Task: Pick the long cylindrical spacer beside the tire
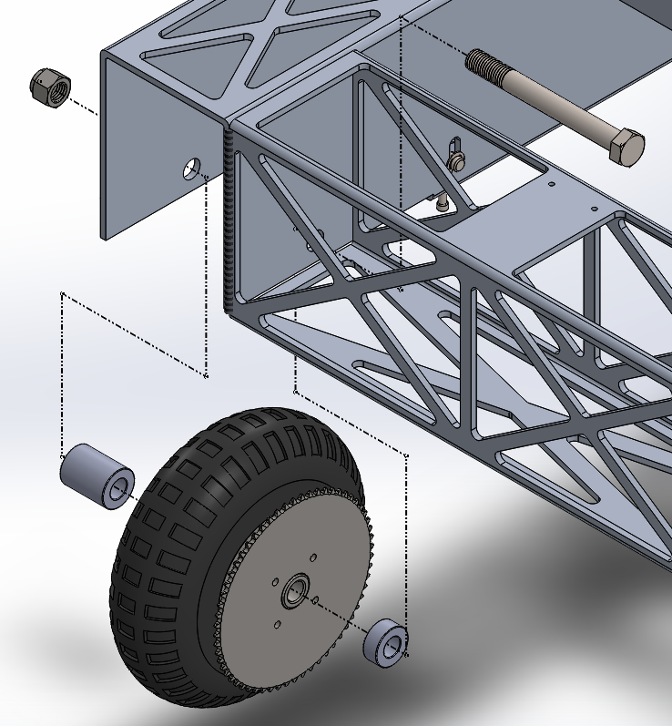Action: click(96, 475)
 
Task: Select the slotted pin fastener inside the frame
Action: click(456, 158)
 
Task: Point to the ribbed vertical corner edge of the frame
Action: click(229, 219)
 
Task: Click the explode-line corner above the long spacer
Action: click(61, 294)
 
